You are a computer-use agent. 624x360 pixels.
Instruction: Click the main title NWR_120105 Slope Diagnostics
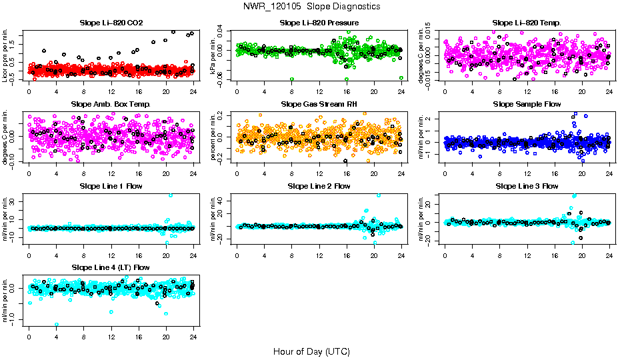tap(311, 6)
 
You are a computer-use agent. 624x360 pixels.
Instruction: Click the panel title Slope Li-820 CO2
tap(111, 23)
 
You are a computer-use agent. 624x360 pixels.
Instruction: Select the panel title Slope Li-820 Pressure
tap(319, 23)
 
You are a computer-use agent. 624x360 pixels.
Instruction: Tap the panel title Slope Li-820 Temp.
tap(527, 23)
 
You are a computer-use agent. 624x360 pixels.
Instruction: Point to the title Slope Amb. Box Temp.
tap(111, 105)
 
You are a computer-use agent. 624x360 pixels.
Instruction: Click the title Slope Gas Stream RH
tap(319, 105)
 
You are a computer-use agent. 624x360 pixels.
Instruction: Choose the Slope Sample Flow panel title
tap(527, 105)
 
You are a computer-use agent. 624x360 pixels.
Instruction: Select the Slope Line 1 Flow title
tap(111, 186)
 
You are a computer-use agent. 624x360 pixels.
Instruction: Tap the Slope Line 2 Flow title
tap(319, 186)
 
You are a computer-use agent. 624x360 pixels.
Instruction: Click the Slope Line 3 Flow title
tap(527, 186)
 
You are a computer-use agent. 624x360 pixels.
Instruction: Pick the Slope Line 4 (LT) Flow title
tap(111, 267)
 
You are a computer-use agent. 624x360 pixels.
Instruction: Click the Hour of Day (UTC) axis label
tap(311, 351)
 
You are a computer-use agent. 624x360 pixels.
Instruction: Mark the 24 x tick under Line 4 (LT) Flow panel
tap(193, 337)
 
